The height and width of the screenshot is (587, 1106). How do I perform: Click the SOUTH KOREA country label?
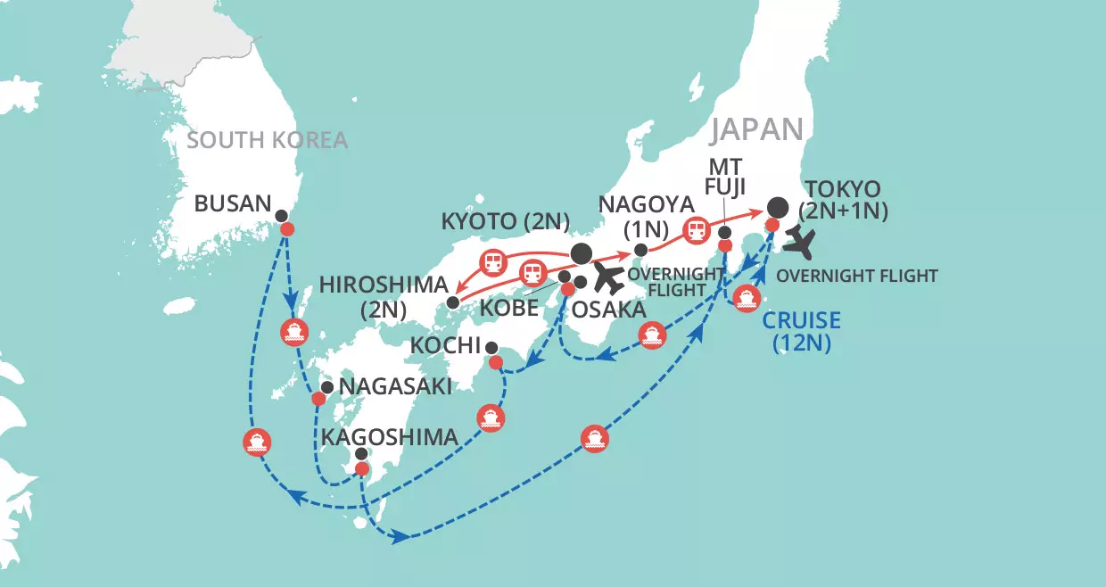[268, 140]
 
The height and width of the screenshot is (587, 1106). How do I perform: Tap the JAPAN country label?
[757, 129]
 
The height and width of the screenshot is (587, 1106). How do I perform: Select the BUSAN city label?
[233, 203]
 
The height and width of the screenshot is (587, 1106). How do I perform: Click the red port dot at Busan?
[287, 229]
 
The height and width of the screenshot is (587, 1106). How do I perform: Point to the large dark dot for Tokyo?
[778, 207]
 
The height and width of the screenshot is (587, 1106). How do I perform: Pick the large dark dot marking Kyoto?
[581, 252]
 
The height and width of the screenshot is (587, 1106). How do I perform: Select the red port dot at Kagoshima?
[361, 469]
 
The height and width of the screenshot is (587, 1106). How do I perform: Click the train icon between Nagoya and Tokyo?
[696, 231]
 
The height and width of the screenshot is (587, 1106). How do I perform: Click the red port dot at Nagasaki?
[318, 398]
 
